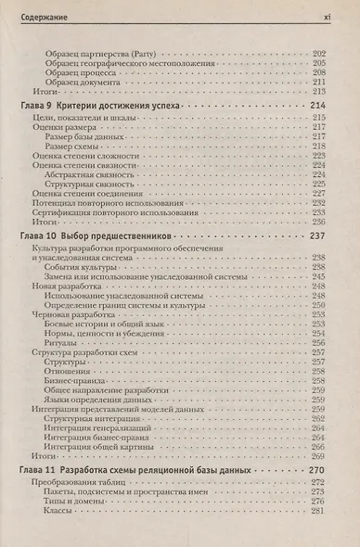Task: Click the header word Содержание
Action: pyautogui.click(x=41, y=15)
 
